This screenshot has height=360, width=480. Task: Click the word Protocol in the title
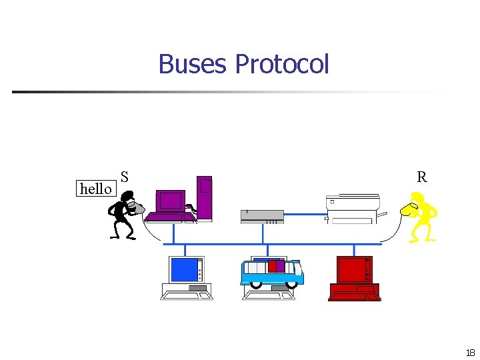[x=282, y=65]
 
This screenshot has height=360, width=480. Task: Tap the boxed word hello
[x=95, y=189]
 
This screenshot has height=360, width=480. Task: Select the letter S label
[x=125, y=177]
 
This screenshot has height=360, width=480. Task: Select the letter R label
[x=421, y=177]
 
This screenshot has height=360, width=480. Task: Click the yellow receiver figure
[x=421, y=216]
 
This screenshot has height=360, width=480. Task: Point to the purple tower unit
[x=205, y=197]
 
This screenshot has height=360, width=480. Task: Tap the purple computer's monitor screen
[x=171, y=200]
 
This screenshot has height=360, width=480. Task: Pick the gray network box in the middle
[x=262, y=216]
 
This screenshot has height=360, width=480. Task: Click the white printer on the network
[x=352, y=209]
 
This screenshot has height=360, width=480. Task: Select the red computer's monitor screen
[x=351, y=270]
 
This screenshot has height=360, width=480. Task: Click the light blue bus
[x=271, y=273]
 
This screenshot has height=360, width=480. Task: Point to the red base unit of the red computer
[x=355, y=292]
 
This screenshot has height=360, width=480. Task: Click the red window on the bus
[x=272, y=266]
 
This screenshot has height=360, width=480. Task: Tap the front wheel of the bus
[x=291, y=284]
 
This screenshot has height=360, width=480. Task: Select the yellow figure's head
[x=417, y=197]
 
